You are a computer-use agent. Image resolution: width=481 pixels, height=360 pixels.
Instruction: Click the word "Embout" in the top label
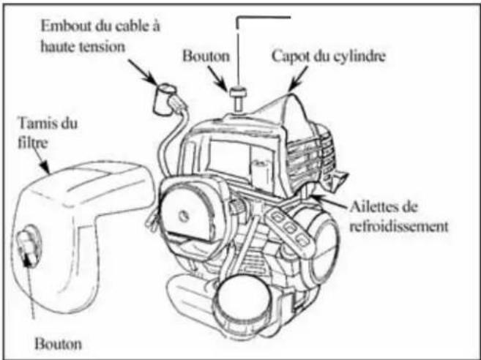[x=67, y=26]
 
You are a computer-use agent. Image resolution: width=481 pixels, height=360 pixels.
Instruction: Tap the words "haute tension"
[x=83, y=47]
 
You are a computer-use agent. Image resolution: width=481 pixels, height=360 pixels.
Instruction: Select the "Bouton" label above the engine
[x=206, y=56]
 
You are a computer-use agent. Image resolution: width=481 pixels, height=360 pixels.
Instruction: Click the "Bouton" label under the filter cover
[x=59, y=344]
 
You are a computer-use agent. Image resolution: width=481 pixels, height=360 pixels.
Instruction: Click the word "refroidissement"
[x=399, y=226]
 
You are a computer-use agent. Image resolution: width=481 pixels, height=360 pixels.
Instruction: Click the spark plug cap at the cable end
[x=166, y=99]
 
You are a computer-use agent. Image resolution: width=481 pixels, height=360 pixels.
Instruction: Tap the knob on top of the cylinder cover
[x=238, y=99]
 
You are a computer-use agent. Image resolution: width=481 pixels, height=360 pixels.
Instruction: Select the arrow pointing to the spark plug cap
[x=143, y=72]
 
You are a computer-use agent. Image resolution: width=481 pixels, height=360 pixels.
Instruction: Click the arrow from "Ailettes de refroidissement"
[x=329, y=201]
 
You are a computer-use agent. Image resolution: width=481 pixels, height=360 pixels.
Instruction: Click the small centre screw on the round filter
[x=184, y=217]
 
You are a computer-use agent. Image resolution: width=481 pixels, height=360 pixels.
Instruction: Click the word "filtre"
[x=33, y=143]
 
